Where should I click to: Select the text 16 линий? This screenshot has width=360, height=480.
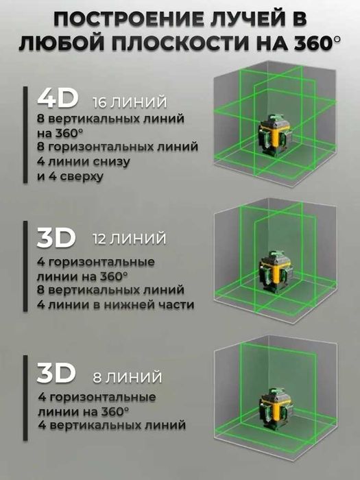pos(130,103)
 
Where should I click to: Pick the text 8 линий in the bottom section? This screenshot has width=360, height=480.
pos(127,376)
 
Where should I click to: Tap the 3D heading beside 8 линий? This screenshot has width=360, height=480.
pos(56,374)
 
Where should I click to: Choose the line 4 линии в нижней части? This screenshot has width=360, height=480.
pos(116,304)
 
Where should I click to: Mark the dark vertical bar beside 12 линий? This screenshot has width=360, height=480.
pos(27,267)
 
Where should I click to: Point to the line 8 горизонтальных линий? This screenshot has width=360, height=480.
pos(117,147)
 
